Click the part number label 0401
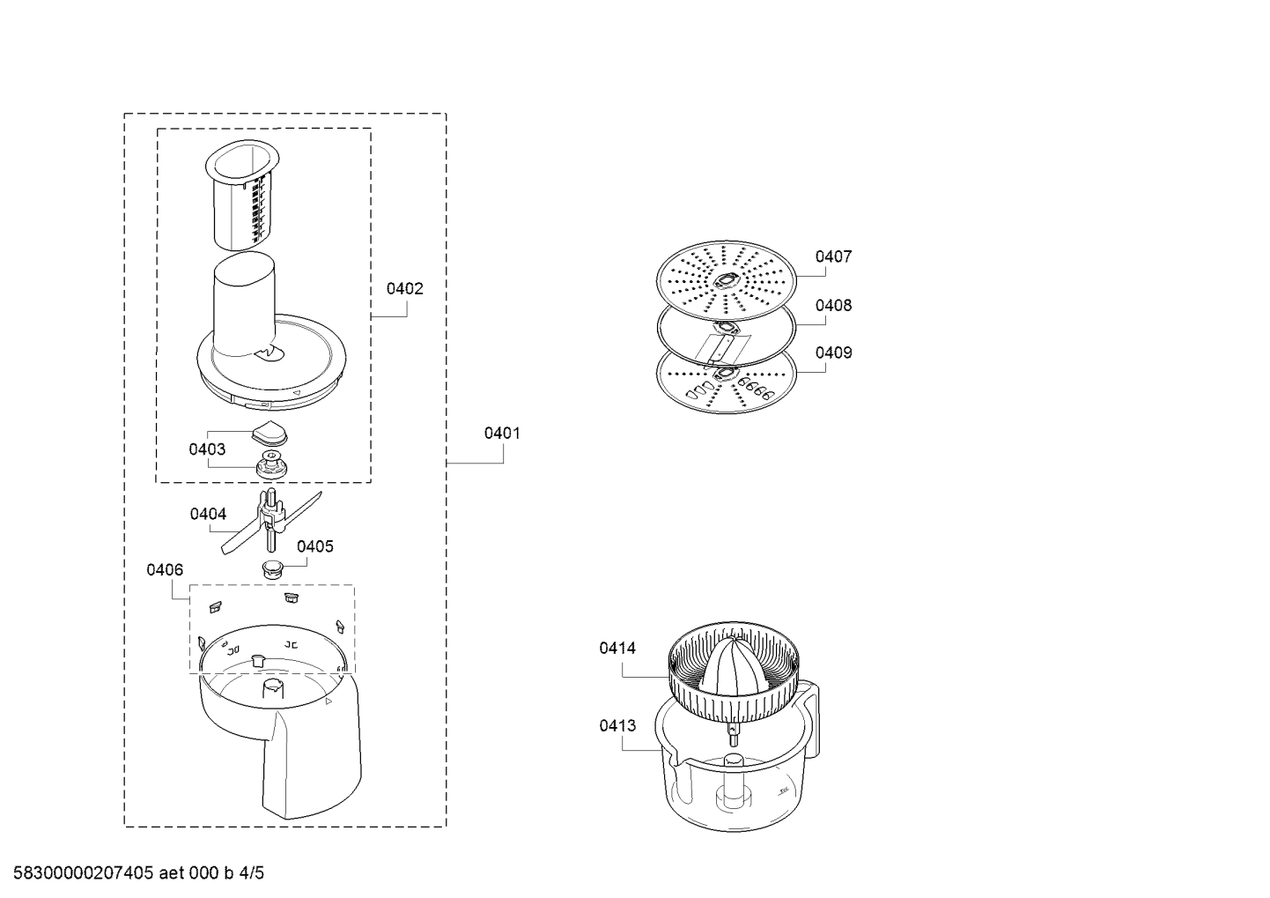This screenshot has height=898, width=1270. coord(502,434)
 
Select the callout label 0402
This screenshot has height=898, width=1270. coord(405,289)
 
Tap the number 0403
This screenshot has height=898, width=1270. coord(207,449)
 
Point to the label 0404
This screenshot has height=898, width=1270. coord(208,514)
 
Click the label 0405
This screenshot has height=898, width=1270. coord(315,546)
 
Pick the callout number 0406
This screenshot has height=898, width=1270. coord(165,569)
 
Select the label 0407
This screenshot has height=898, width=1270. coord(833,256)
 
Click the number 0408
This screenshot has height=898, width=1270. coord(833,305)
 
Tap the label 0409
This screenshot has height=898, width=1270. coord(833,353)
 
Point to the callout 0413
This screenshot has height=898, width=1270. coord(617,725)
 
